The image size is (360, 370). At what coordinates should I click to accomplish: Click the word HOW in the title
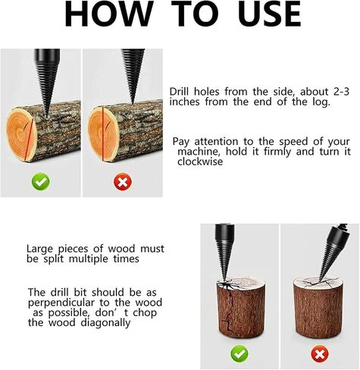pyautogui.click(x=109, y=14)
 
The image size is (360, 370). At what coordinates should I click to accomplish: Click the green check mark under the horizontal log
pyautogui.click(x=41, y=181)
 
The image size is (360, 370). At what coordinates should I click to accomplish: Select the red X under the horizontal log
pyautogui.click(x=123, y=181)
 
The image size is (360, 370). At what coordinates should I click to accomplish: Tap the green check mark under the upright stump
pyautogui.click(x=239, y=353)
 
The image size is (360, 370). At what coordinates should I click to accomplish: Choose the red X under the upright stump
pyautogui.click(x=320, y=353)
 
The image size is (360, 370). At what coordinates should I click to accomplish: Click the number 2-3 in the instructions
pyautogui.click(x=341, y=92)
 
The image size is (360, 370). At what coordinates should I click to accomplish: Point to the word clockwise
pyautogui.click(x=200, y=161)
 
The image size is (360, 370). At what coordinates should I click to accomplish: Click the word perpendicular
pyautogui.click(x=61, y=303)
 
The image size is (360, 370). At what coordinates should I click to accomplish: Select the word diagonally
pyautogui.click(x=106, y=323)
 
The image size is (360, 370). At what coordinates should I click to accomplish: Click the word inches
pyautogui.click(x=184, y=102)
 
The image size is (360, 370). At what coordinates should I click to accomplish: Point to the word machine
pyautogui.click(x=198, y=152)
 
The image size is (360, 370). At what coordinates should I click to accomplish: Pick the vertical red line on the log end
pyautogui.click(x=103, y=134)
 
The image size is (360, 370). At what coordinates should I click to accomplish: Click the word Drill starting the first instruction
pyautogui.click(x=180, y=92)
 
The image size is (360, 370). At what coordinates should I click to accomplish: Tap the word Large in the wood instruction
pyautogui.click(x=39, y=249)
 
